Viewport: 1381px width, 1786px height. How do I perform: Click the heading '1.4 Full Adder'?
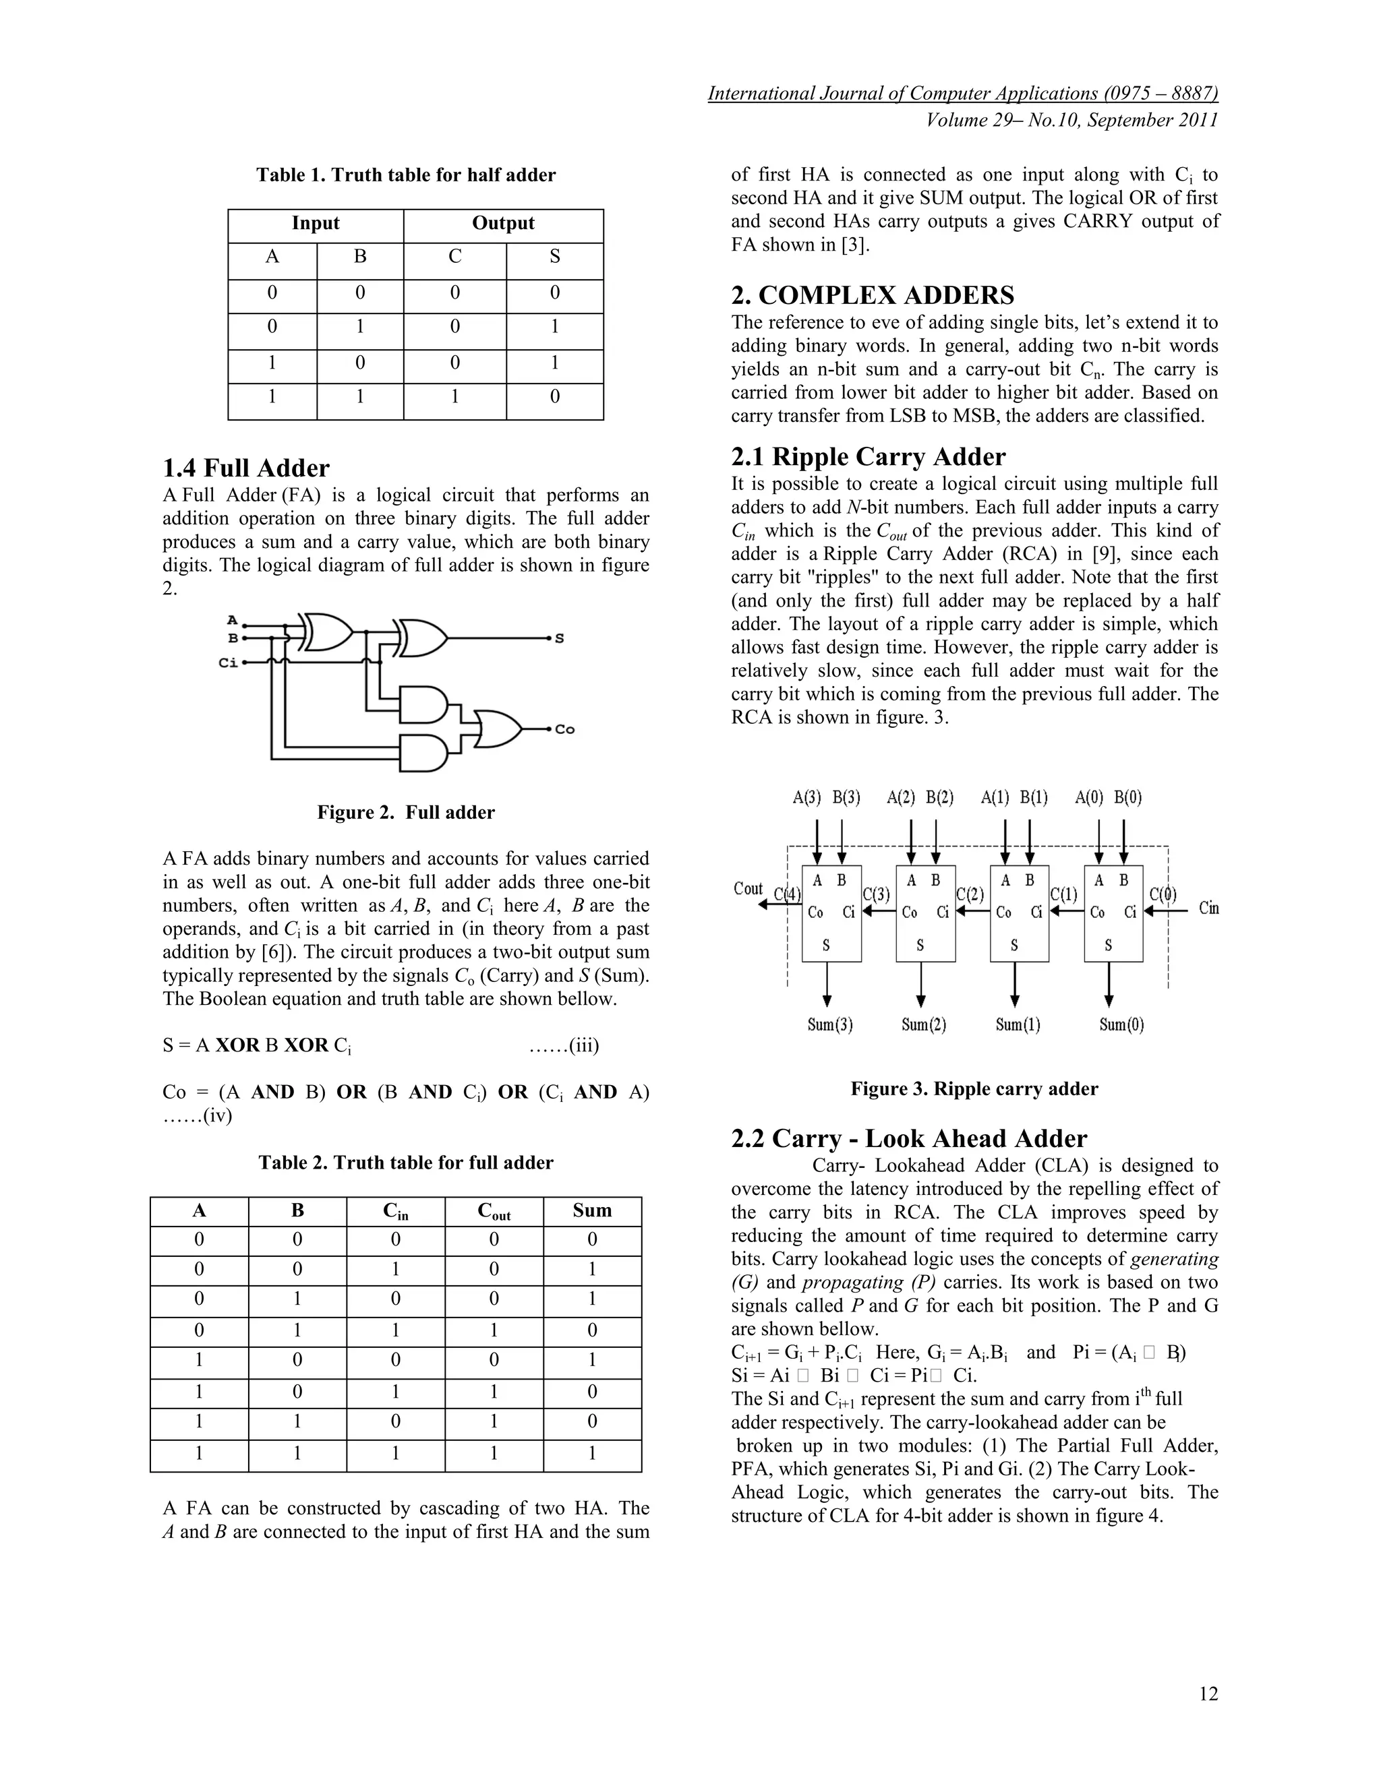(245, 468)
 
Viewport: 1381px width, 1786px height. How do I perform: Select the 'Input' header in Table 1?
(315, 224)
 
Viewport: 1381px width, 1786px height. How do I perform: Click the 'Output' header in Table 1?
(503, 224)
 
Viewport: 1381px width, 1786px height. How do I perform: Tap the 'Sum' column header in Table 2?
(591, 1211)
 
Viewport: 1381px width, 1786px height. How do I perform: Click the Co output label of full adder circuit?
(564, 729)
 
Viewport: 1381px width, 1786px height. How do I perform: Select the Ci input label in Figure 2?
(229, 663)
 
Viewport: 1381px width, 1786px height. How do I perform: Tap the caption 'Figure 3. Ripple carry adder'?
(974, 1089)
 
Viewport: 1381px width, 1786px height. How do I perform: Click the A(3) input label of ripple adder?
(806, 797)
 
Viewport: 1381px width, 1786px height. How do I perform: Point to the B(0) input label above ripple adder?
(1128, 797)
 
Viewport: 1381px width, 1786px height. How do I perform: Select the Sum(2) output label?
(924, 1024)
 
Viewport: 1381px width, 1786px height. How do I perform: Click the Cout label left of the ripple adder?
(748, 889)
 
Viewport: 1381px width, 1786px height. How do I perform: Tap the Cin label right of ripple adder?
(1208, 909)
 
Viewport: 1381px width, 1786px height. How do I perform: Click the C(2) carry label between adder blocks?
(970, 894)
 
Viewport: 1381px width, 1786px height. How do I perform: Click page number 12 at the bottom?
(1208, 1694)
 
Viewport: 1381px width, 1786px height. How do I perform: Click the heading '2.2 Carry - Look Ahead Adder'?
(909, 1139)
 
